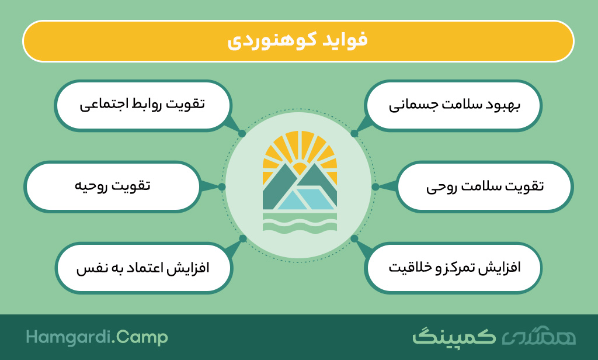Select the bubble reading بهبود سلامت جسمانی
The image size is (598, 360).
click(453, 106)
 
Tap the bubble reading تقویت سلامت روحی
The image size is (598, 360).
click(484, 186)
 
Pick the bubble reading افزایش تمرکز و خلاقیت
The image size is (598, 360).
click(453, 268)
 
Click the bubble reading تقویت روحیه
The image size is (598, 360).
click(113, 186)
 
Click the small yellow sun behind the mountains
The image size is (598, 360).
click(300, 168)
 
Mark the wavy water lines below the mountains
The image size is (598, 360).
click(300, 223)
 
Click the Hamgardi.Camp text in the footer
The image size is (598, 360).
click(97, 337)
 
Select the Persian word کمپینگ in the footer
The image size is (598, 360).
click(454, 337)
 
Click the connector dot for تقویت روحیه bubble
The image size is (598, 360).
click(221, 186)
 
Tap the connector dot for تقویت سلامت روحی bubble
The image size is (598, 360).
click(376, 186)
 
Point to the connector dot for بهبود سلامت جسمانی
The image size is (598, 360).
click(354, 134)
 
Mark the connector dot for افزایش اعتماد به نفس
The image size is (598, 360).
click(242, 238)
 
